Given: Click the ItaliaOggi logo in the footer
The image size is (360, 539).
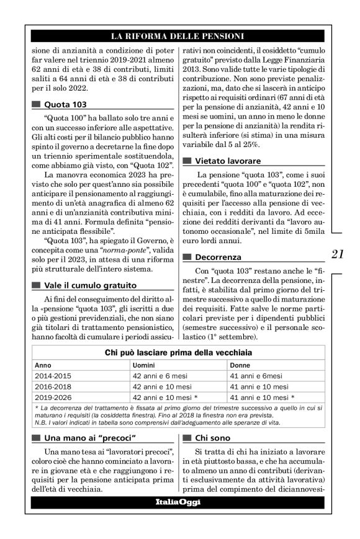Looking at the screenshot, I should (x=178, y=501).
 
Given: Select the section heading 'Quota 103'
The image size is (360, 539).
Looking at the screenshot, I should (x=66, y=105).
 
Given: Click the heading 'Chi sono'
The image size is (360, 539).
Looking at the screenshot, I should (x=214, y=438).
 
